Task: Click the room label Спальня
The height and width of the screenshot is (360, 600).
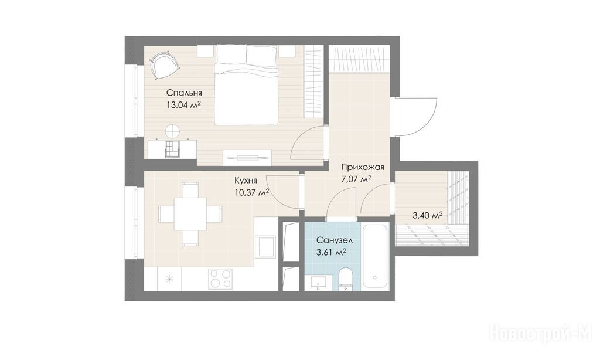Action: click(184, 93)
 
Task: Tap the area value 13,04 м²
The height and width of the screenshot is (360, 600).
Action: click(184, 105)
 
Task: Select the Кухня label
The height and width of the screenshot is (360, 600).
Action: click(246, 181)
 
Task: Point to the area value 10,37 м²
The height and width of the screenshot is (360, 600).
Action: click(252, 193)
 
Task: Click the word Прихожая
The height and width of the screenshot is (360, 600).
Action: click(363, 167)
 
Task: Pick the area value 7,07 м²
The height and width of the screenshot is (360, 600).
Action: click(356, 179)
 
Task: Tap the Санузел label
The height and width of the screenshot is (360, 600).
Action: click(335, 240)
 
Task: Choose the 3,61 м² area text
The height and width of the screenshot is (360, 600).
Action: click(332, 252)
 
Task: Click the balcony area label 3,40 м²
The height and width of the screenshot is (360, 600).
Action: click(427, 216)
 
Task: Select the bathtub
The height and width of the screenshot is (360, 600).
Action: click(376, 256)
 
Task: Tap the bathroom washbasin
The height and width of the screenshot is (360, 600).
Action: click(318, 283)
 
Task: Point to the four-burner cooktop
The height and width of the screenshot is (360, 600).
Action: click(220, 279)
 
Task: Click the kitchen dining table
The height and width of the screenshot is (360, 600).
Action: click(190, 213)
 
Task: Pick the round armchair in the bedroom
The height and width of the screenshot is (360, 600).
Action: click(163, 64)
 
